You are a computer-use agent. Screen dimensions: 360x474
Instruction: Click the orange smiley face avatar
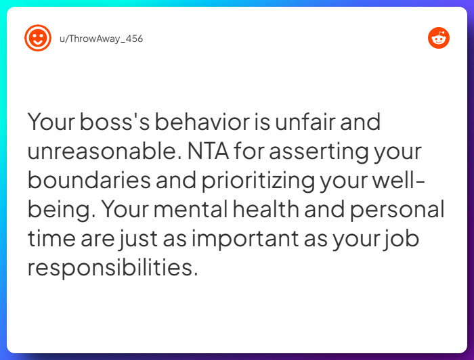[37, 38]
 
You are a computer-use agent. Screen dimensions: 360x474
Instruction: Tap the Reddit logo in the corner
[438, 38]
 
